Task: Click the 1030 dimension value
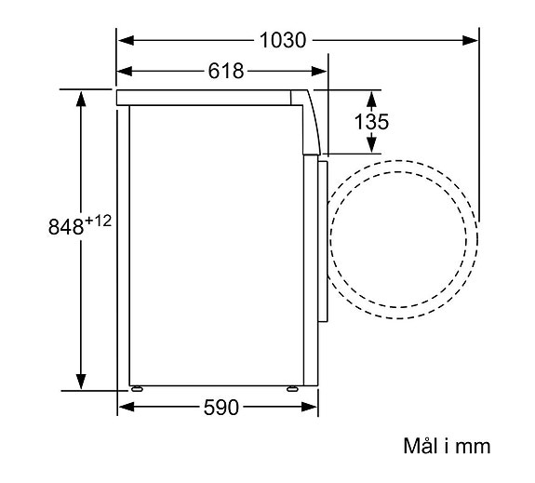point(283,40)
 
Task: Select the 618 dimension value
point(225,72)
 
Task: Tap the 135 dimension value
point(372,122)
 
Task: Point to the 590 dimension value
point(221,407)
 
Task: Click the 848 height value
point(65,227)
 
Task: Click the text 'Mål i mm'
point(446,447)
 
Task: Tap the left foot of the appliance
point(137,387)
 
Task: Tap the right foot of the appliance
point(296,387)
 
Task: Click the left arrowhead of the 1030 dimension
point(125,40)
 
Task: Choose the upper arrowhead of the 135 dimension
point(371,97)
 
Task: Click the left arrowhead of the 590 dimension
point(125,407)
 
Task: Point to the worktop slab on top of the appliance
point(205,96)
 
